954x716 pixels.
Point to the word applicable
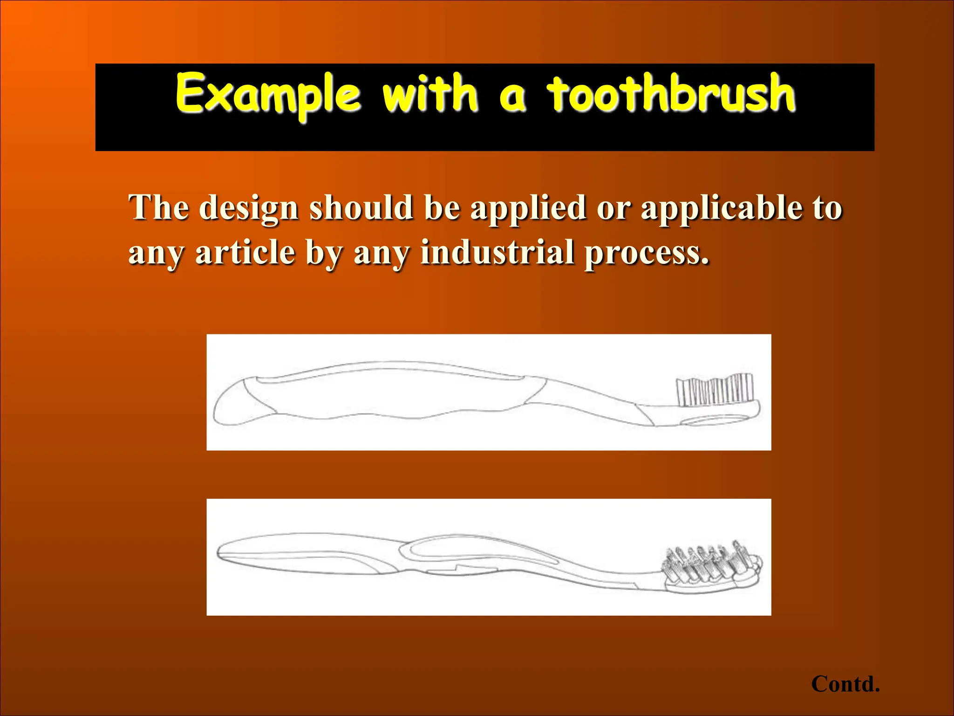pos(722,207)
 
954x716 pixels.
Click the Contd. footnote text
pos(845,684)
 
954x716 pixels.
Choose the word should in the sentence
pos(361,207)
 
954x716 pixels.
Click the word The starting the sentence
pos(159,207)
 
